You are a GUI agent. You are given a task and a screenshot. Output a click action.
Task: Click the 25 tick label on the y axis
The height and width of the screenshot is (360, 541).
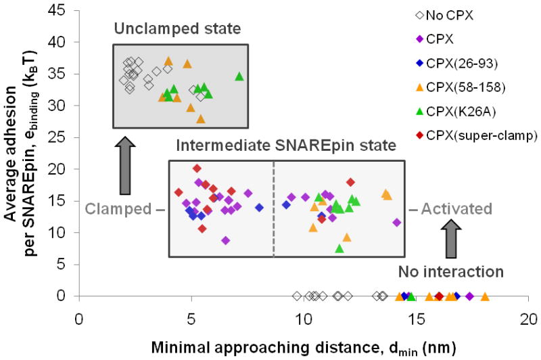tap(64, 137)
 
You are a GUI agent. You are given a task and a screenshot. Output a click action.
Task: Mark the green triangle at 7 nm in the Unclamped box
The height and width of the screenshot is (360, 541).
tap(239, 76)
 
